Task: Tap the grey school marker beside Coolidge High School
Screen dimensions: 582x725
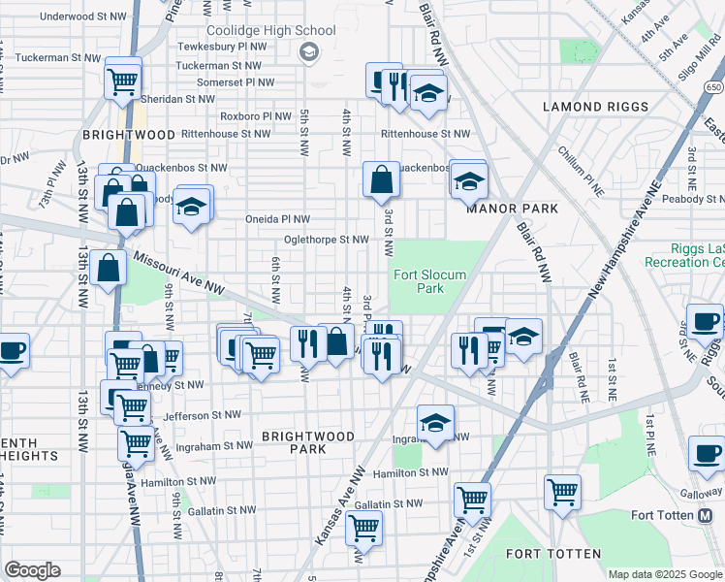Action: coord(309,51)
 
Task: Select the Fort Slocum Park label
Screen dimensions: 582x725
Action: coord(428,281)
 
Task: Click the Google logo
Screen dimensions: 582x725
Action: coord(32,570)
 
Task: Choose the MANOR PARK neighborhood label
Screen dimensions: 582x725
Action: coord(512,209)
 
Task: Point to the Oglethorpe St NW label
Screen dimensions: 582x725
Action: coord(326,240)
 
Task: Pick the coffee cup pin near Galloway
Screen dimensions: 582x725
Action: coord(706,453)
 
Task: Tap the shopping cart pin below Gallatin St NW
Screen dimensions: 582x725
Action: coord(363,529)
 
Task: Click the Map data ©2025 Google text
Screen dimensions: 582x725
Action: coord(665,574)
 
